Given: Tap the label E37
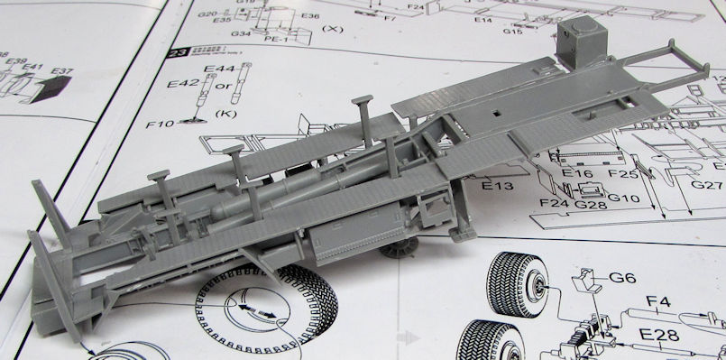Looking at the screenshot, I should [62, 72].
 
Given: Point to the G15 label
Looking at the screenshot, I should [513, 32].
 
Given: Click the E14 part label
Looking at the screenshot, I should [482, 19].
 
